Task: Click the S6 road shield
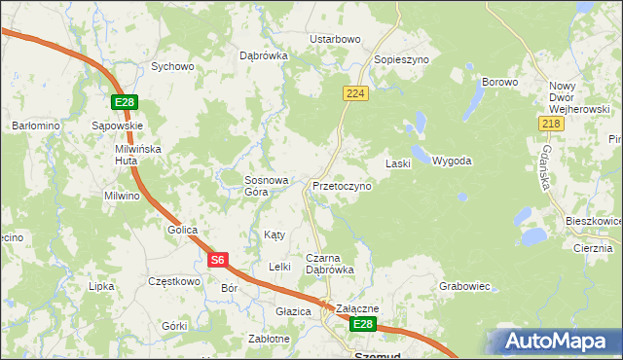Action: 218,260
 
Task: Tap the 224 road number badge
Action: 354,92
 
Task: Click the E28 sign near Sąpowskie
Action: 123,102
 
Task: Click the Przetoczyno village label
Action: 342,185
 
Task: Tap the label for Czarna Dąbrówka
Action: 330,264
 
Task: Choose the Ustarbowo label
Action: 335,39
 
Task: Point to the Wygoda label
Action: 452,161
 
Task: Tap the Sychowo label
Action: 172,67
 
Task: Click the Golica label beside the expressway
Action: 182,230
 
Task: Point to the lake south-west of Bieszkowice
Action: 532,236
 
